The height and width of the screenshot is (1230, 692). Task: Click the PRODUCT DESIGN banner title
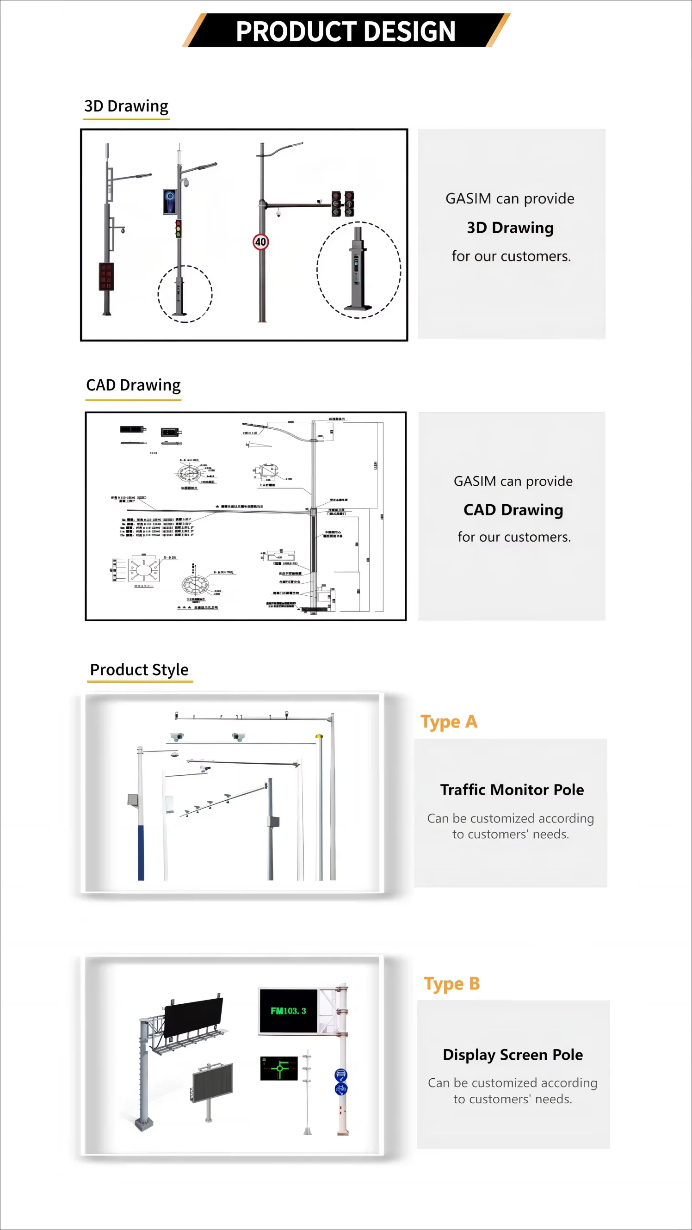point(345,31)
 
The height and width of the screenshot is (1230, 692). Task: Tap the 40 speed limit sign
point(260,241)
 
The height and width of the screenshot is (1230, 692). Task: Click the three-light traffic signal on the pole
point(178,229)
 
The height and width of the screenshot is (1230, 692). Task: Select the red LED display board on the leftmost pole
point(106,277)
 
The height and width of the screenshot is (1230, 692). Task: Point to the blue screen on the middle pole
point(170,202)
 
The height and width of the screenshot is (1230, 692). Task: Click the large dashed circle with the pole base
point(358,270)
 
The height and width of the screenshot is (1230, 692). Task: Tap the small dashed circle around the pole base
point(185,294)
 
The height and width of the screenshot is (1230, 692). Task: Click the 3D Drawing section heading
point(126,106)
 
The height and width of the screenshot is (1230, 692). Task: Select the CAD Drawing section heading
point(133,385)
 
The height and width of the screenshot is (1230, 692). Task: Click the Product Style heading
point(139,669)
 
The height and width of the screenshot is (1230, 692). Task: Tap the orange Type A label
point(448,722)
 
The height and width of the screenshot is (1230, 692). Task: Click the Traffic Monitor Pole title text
point(512,790)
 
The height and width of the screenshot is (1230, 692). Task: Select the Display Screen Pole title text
point(513,1054)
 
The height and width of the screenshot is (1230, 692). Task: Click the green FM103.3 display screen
point(288,1010)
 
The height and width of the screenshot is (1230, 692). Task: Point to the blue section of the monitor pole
point(141,853)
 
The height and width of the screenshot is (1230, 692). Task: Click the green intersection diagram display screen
point(279,1068)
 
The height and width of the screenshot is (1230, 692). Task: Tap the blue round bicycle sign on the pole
point(341,1089)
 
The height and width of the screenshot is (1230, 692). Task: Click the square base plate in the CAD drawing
point(143,569)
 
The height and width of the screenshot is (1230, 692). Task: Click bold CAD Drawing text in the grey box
point(513,509)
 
